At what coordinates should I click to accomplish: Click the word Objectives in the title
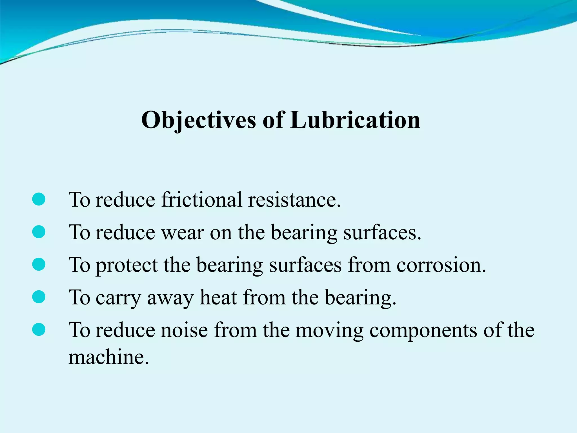[x=199, y=120]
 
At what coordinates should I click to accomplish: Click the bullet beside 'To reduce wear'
[x=39, y=232]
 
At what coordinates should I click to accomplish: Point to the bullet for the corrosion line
[x=39, y=264]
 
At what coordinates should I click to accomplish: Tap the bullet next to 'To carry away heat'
[x=39, y=297]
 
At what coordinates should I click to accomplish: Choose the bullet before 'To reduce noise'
[x=39, y=330]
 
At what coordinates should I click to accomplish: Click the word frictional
[x=201, y=200]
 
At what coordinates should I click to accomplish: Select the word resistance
[x=294, y=200]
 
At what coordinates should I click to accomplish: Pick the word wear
[x=183, y=233]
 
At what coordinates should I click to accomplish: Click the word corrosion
[x=441, y=265]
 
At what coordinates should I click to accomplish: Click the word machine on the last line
[x=108, y=357]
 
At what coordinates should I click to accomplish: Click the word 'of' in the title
[x=273, y=120]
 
